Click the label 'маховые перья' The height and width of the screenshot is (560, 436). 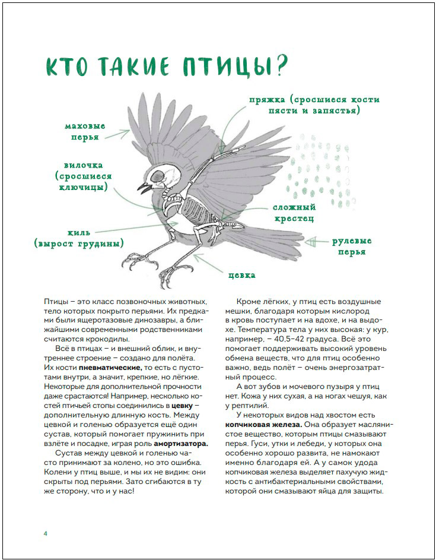85,131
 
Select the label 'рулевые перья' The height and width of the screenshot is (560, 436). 352,246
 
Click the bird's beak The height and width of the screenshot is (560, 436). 144,188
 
